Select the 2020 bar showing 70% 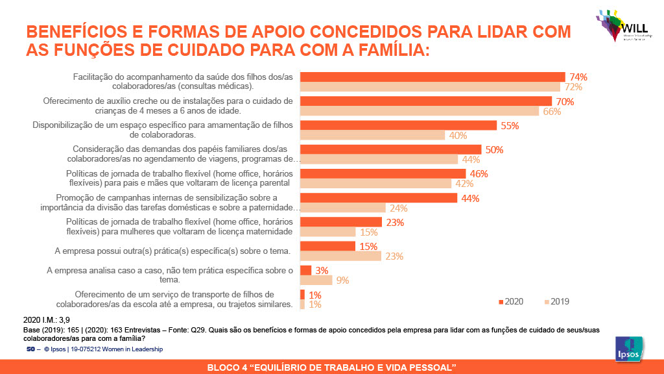click(x=425, y=101)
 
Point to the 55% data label click(x=510, y=126)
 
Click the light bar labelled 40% click(x=372, y=135)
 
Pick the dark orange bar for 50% click(x=390, y=149)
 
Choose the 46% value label click(x=479, y=173)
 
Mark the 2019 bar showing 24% click(x=342, y=208)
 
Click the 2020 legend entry click(x=511, y=301)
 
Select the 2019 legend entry click(x=556, y=301)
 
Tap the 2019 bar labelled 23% click(x=340, y=256)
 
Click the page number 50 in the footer click(x=30, y=349)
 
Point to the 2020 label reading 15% click(x=368, y=246)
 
